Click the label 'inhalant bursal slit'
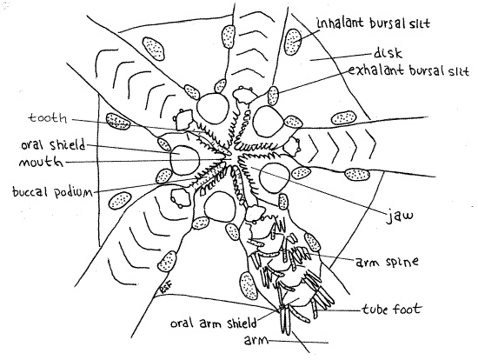374,23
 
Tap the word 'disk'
388,53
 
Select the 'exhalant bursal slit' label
408,70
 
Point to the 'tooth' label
48,118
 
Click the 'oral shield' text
53,145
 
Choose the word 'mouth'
42,162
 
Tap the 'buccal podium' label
52,192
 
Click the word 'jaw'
401,216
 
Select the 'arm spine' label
387,262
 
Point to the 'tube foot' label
392,309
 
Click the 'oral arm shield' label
214,323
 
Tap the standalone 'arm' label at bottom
256,340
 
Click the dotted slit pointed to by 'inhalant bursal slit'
293,42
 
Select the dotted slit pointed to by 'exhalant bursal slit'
273,96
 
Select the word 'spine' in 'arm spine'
402,262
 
